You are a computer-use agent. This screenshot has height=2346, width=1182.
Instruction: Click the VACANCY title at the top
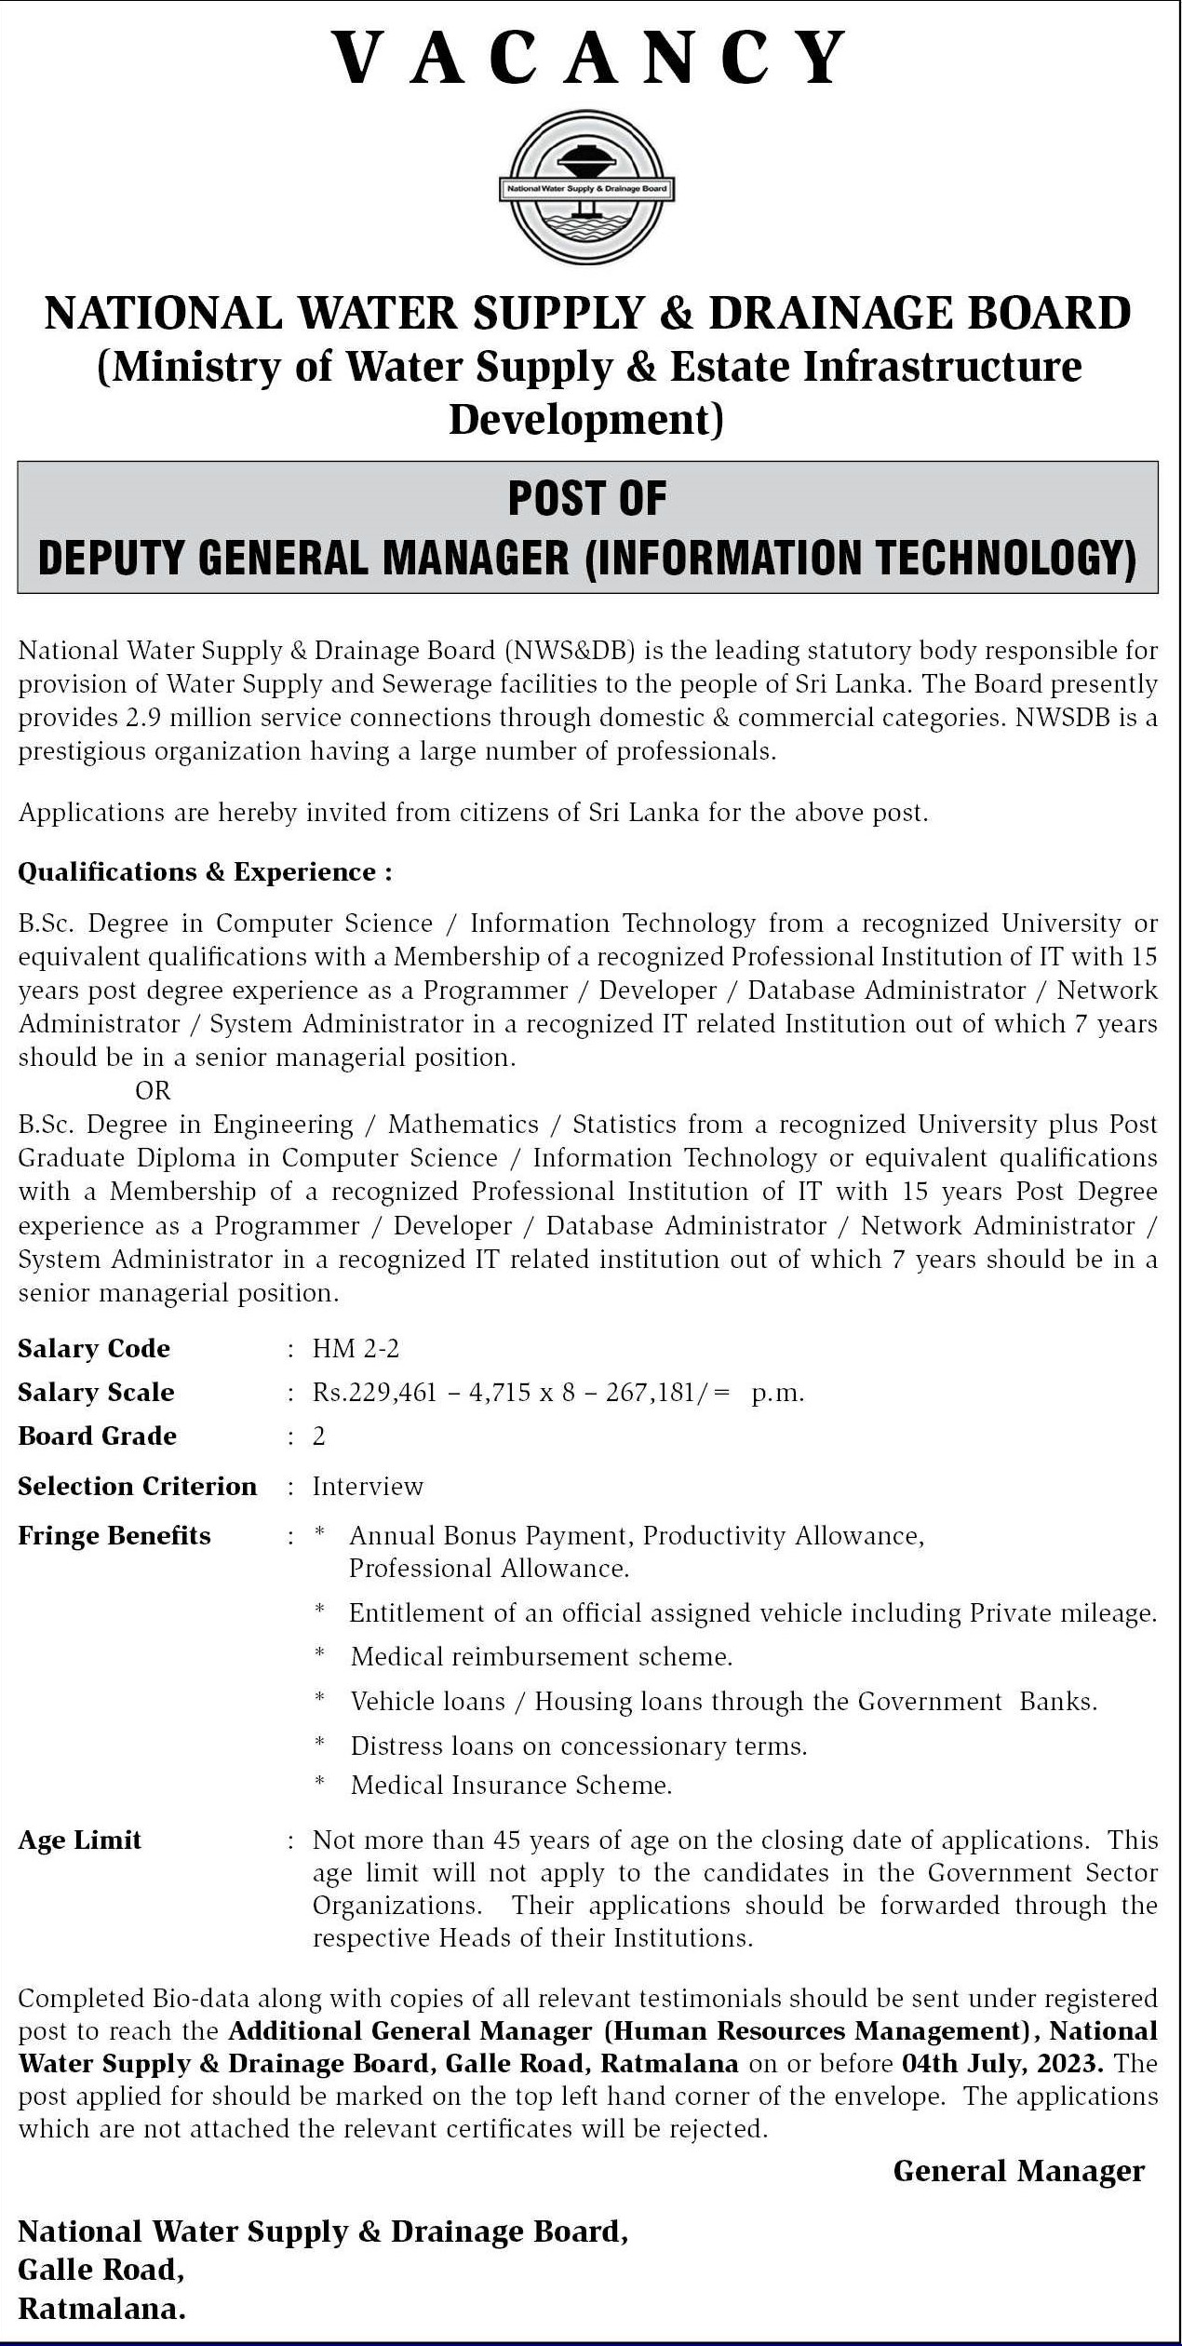coord(590,58)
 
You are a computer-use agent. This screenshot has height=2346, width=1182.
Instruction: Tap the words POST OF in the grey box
coord(587,499)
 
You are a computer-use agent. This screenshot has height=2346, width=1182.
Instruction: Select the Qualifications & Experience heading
coord(205,872)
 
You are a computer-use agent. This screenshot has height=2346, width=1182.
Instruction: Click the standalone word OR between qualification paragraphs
coord(153,1090)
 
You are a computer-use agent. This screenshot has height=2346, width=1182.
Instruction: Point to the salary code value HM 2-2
coord(356,1348)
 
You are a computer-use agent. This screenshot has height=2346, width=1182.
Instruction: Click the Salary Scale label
coord(96,1392)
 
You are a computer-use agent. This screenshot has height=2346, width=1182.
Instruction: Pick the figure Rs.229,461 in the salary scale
coord(374,1393)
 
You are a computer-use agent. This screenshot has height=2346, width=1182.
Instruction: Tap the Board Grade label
coord(97,1436)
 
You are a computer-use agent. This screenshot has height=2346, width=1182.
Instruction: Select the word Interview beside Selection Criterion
coord(368,1486)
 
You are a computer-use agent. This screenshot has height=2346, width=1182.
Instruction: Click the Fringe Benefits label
coord(114,1535)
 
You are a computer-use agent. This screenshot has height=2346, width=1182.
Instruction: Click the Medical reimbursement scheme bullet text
coord(541,1656)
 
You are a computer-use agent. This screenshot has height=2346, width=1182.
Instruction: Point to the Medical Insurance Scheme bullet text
coord(511,1785)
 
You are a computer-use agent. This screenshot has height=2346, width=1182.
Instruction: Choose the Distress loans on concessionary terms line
coord(578,1746)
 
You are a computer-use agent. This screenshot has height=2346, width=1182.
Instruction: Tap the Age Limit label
coord(79,1840)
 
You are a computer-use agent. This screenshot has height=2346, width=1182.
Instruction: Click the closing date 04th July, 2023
coord(1002,2063)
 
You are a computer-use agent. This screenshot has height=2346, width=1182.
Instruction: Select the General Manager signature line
coord(1018,2171)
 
